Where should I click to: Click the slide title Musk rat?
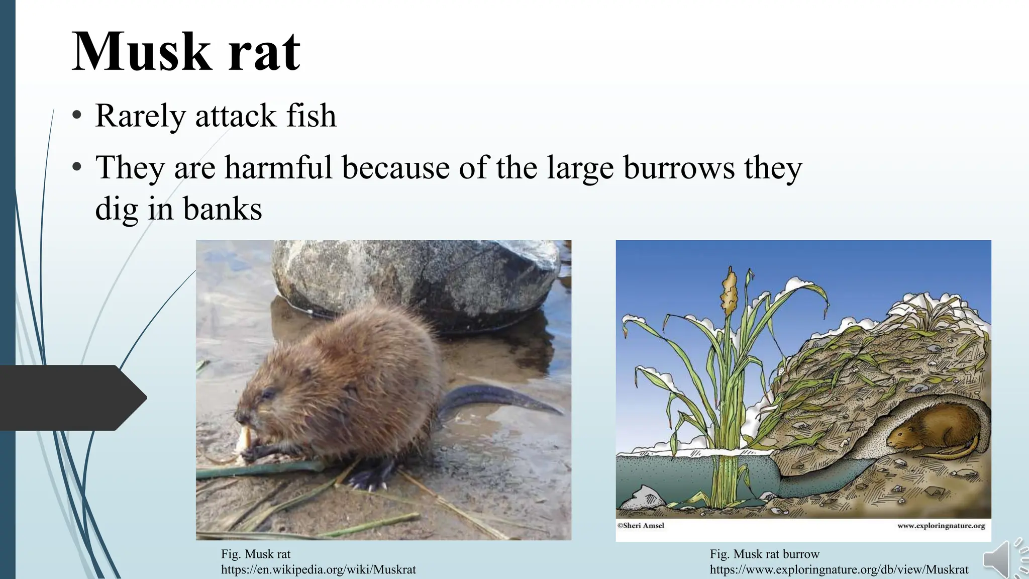[186, 52]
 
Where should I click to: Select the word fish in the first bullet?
[311, 116]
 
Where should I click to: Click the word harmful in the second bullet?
[278, 167]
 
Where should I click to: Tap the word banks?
[222, 209]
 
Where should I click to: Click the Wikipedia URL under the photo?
[318, 569]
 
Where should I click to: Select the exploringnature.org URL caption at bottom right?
[839, 569]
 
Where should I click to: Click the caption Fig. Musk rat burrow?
[764, 554]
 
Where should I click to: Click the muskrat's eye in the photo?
[268, 395]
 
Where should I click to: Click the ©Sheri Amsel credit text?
[641, 526]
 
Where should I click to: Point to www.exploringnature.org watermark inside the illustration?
[941, 526]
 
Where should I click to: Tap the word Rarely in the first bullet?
[140, 116]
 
